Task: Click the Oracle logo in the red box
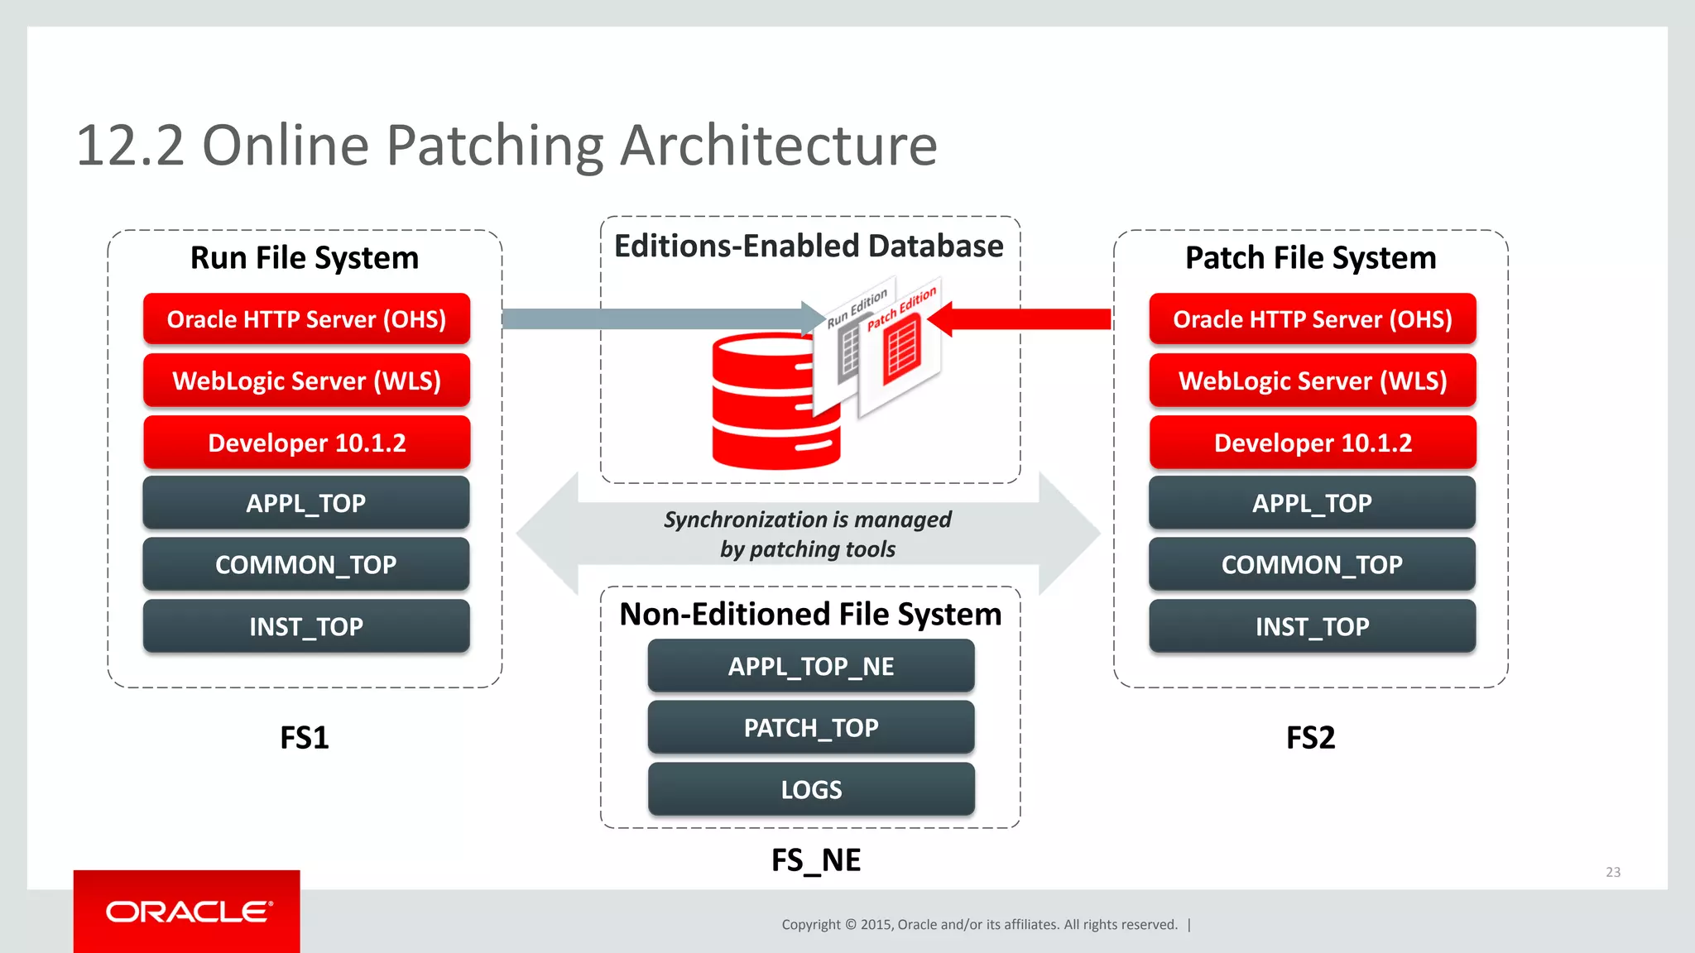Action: [189, 912]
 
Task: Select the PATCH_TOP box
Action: [811, 728]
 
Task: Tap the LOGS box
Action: [811, 789]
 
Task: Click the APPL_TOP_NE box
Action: [811, 666]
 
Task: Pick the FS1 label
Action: [305, 737]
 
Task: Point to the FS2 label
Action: [1310, 737]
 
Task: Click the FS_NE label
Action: [816, 860]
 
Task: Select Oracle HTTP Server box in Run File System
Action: [306, 319]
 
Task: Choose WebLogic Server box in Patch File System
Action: [1313, 381]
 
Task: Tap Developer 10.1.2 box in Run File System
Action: [306, 443]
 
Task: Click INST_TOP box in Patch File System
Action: [1313, 626]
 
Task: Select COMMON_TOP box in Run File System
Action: [306, 564]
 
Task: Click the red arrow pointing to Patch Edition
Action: [1026, 319]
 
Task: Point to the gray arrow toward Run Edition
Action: [654, 319]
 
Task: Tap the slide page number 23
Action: [1613, 872]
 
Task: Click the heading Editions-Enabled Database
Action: [809, 247]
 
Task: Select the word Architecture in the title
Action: [778, 146]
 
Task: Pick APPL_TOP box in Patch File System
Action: [1313, 503]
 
